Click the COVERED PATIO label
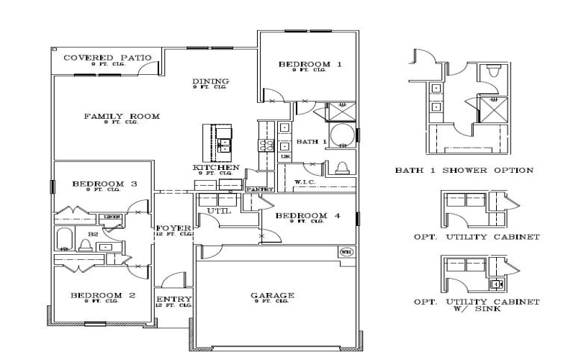(x=96, y=58)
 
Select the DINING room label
(x=210, y=81)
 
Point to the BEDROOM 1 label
(x=310, y=65)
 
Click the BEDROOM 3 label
(x=104, y=184)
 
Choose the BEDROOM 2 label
(x=102, y=295)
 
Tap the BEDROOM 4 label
(x=307, y=216)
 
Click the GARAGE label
(x=271, y=295)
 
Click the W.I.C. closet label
(x=305, y=181)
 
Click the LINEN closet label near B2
(x=111, y=216)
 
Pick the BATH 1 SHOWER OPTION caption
(x=464, y=171)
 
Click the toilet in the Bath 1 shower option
(x=493, y=71)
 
